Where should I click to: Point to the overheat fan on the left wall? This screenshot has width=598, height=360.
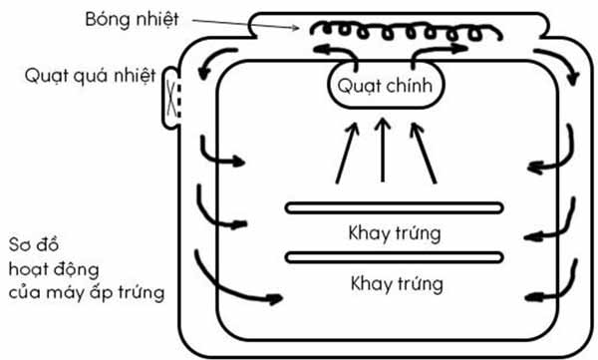point(170,97)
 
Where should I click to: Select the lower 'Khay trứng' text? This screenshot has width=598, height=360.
point(395,283)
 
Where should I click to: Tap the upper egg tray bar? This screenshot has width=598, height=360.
point(395,207)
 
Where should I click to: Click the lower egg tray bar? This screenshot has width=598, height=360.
point(395,257)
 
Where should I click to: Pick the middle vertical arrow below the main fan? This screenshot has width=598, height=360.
point(384,150)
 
